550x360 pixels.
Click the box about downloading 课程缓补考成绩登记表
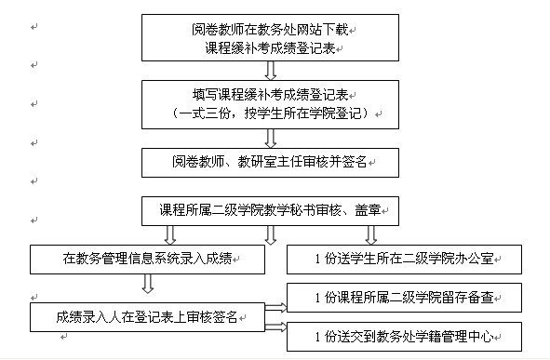tap(270, 37)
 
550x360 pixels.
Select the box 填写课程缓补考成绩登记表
tap(270, 102)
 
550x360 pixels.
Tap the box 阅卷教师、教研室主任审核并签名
tap(270, 162)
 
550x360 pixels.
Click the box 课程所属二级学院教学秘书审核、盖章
tap(270, 209)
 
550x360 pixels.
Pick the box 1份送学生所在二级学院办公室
tap(402, 259)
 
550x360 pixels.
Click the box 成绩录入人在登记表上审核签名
tap(147, 318)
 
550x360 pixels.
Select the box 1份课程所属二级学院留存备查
tap(402, 298)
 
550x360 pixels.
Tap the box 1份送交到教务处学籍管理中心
tap(402, 335)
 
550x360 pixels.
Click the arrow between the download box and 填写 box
tap(270, 70)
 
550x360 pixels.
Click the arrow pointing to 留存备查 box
tap(276, 306)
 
